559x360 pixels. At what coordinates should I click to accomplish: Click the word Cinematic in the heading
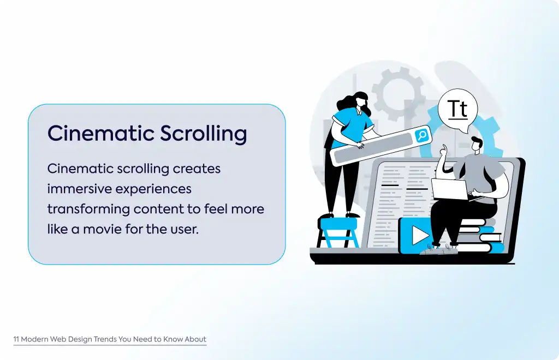[101, 133]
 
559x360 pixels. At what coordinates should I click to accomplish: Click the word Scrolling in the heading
[203, 134]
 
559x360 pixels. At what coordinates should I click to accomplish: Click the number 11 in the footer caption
[16, 339]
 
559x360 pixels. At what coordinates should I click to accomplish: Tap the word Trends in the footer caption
[105, 339]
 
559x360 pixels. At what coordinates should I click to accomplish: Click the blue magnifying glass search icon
[423, 135]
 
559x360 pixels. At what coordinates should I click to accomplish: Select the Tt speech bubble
[458, 110]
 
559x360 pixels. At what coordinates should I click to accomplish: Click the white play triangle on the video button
[420, 236]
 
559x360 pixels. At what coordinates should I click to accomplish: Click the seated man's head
[477, 144]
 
